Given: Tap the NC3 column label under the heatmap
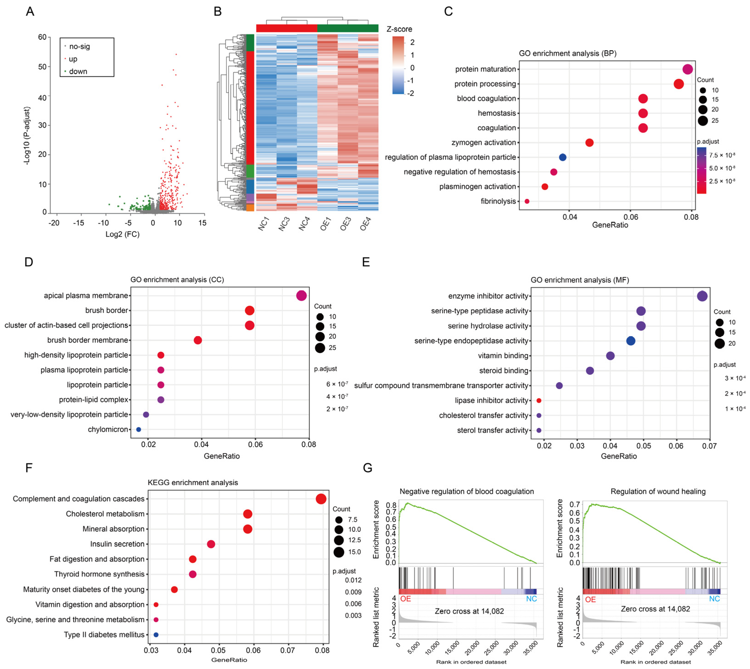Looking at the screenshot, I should (x=284, y=224).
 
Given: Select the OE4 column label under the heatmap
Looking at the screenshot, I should (x=366, y=224).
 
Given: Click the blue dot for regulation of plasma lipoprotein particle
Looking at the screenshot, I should (x=562, y=157).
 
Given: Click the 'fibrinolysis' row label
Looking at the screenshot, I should (x=498, y=201).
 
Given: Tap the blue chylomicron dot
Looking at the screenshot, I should (x=139, y=429).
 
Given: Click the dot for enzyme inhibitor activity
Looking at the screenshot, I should (x=702, y=296).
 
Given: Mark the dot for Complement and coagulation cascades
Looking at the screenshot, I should (x=321, y=499).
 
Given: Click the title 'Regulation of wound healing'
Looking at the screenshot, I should (x=658, y=492).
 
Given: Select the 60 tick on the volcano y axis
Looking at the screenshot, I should (x=42, y=37).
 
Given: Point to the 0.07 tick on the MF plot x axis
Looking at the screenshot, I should (x=709, y=446).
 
